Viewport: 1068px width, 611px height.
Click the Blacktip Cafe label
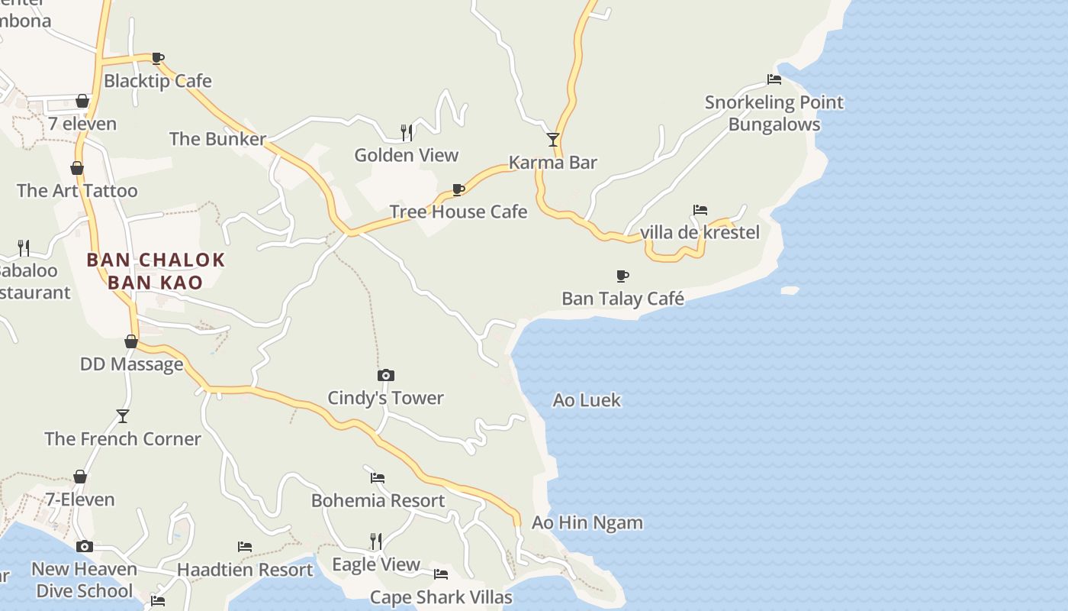pos(157,81)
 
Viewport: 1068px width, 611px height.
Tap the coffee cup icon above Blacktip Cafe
pos(157,58)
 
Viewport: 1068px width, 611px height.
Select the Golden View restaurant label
pos(406,155)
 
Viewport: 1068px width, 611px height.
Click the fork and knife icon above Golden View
pos(407,132)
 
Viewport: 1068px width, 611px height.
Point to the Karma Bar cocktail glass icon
pos(553,140)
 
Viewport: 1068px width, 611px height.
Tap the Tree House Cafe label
pos(458,212)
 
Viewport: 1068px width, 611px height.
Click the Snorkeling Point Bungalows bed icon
pos(774,79)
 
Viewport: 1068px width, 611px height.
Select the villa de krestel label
pos(700,232)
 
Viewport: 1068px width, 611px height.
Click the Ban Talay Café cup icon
pos(622,276)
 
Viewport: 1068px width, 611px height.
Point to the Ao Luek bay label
pos(587,400)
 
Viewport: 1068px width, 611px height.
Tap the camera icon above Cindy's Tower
pos(386,375)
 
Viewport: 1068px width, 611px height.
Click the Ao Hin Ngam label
pos(587,523)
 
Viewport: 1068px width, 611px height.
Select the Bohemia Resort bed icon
pos(378,478)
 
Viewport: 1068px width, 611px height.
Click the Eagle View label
pos(376,564)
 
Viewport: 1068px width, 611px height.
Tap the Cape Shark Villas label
pos(441,597)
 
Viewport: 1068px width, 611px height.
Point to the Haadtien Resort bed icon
pos(245,547)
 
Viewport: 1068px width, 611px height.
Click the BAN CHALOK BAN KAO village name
pos(156,271)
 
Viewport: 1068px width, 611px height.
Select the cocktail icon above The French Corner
pos(123,416)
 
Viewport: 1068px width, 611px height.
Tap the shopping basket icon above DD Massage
pos(131,341)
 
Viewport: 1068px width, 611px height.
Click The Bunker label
pos(217,139)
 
